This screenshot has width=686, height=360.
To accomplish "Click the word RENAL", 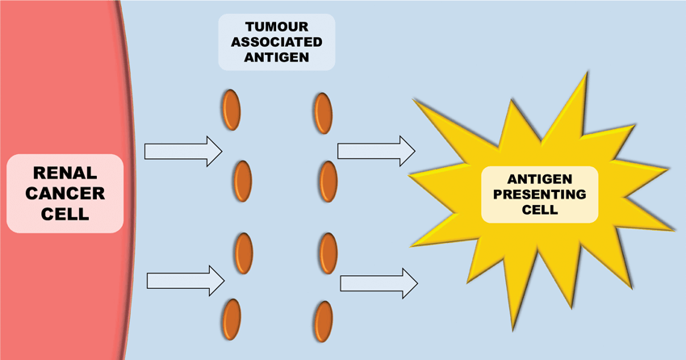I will pos(65,173).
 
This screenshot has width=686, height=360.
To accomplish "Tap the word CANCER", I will pos(65,195).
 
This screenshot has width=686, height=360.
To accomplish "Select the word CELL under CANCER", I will pos(65,216).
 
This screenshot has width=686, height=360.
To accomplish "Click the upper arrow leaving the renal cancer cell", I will pos(182,151).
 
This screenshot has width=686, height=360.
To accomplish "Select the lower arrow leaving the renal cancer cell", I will pos(185,281).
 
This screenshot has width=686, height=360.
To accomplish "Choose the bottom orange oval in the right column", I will pos(324,320).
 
